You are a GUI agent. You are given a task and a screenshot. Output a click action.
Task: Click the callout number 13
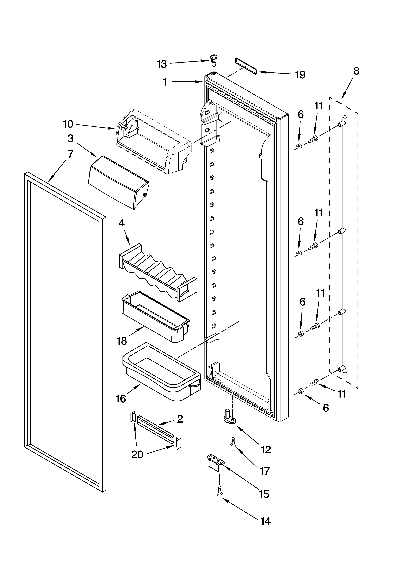tap(162, 64)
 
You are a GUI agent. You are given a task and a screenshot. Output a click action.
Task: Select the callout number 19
tap(300, 75)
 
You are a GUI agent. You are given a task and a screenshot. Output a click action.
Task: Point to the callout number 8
tap(356, 71)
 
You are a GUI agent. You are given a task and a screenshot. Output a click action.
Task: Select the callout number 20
tap(137, 455)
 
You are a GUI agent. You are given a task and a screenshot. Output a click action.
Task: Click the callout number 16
tap(121, 398)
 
